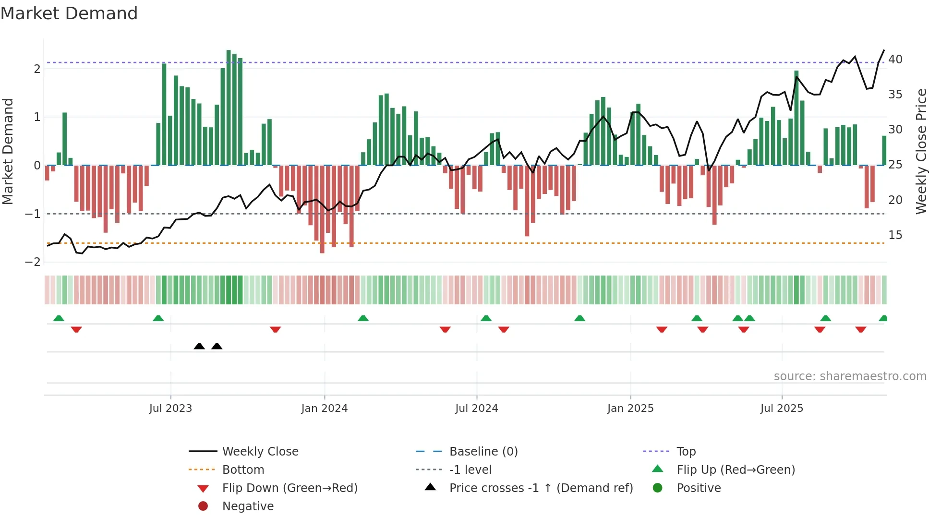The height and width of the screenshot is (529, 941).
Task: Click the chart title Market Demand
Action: click(69, 13)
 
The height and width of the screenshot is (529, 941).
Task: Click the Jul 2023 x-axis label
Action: click(170, 409)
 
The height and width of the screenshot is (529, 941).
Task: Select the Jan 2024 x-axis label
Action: click(324, 409)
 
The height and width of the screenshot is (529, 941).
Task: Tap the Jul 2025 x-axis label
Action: click(782, 409)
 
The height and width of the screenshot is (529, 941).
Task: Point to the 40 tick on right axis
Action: click(895, 60)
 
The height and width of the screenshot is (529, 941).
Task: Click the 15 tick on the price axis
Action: click(895, 235)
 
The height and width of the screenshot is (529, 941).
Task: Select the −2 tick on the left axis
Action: click(33, 262)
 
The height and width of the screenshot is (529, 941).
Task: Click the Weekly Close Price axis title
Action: click(921, 151)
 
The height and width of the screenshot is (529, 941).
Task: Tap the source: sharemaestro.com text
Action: click(850, 376)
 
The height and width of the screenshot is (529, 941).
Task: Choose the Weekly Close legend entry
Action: click(260, 452)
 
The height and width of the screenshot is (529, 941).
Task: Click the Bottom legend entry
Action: click(243, 470)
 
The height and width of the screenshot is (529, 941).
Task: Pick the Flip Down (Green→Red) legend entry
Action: click(290, 488)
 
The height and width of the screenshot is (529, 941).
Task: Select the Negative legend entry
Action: click(248, 506)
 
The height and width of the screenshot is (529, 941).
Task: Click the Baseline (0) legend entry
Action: click(483, 452)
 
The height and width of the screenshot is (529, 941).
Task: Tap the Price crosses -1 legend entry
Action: click(541, 488)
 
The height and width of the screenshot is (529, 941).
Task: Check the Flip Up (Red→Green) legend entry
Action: click(736, 470)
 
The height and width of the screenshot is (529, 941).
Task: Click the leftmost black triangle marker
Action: click(199, 346)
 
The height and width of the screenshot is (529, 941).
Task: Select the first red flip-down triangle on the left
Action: click(76, 329)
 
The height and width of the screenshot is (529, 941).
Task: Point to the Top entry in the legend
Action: click(686, 452)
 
